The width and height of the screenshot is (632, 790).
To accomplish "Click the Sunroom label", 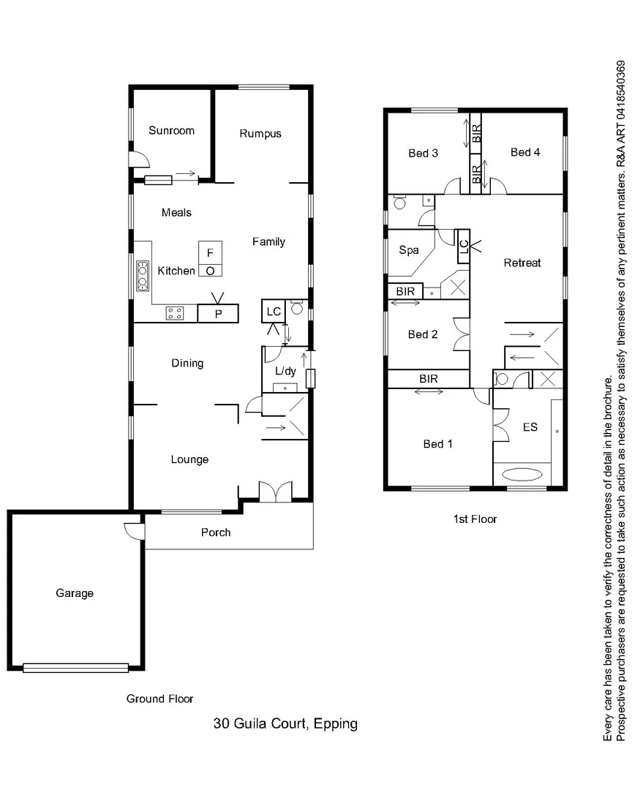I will (171, 131).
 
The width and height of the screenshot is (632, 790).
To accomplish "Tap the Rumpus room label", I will (260, 134).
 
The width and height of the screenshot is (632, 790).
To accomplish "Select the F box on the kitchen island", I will (210, 253).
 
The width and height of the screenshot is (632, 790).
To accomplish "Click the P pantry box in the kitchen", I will (219, 314).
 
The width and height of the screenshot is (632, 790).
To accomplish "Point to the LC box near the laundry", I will (274, 312).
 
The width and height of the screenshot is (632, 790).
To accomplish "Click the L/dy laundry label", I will (285, 371).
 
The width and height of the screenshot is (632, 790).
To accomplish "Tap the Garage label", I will (75, 593).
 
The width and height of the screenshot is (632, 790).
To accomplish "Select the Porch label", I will (216, 533).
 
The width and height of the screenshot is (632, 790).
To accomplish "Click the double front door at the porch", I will (276, 492).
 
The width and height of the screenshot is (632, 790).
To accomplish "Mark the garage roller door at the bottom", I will (75, 667).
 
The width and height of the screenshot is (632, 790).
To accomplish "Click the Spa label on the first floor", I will (408, 250).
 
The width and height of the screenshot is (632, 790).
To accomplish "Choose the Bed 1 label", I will (437, 444).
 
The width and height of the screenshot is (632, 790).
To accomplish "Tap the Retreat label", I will (522, 263).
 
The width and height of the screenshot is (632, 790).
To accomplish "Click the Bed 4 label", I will (525, 152).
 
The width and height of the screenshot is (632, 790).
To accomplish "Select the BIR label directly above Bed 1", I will (429, 379).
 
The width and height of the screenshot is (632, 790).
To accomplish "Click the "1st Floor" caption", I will (475, 519).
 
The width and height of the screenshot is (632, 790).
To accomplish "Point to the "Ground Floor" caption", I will (159, 699).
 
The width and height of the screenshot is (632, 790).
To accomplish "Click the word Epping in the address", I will (334, 724).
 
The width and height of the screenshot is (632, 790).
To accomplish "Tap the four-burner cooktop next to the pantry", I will (175, 314).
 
